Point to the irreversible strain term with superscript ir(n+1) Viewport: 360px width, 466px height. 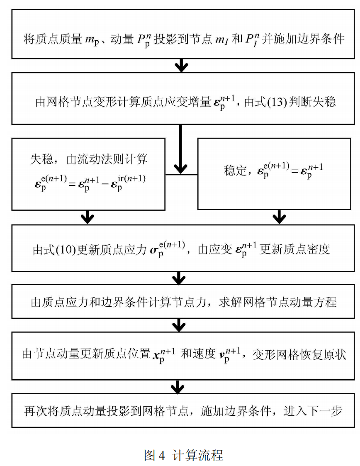[x=129, y=183]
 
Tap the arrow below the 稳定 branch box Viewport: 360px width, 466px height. [x=279, y=217]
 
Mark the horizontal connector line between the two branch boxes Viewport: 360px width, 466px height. [x=181, y=174]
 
